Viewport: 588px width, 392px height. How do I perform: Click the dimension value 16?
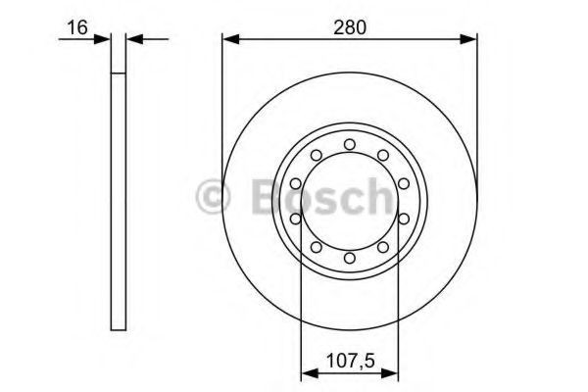click(76, 27)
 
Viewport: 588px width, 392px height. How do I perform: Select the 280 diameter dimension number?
click(350, 27)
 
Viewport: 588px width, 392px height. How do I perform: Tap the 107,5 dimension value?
click(351, 362)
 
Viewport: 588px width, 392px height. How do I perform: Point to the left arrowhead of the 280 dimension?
click(230, 39)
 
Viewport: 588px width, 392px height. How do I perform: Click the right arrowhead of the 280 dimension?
click(468, 39)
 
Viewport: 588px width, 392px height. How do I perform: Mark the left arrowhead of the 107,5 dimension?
click(310, 375)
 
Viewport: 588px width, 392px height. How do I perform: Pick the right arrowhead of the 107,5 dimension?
click(390, 375)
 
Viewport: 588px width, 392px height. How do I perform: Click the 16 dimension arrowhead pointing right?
click(102, 39)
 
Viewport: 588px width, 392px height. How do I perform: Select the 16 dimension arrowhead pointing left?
click(135, 39)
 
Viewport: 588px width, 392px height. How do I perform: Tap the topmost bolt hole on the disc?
click(350, 144)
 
